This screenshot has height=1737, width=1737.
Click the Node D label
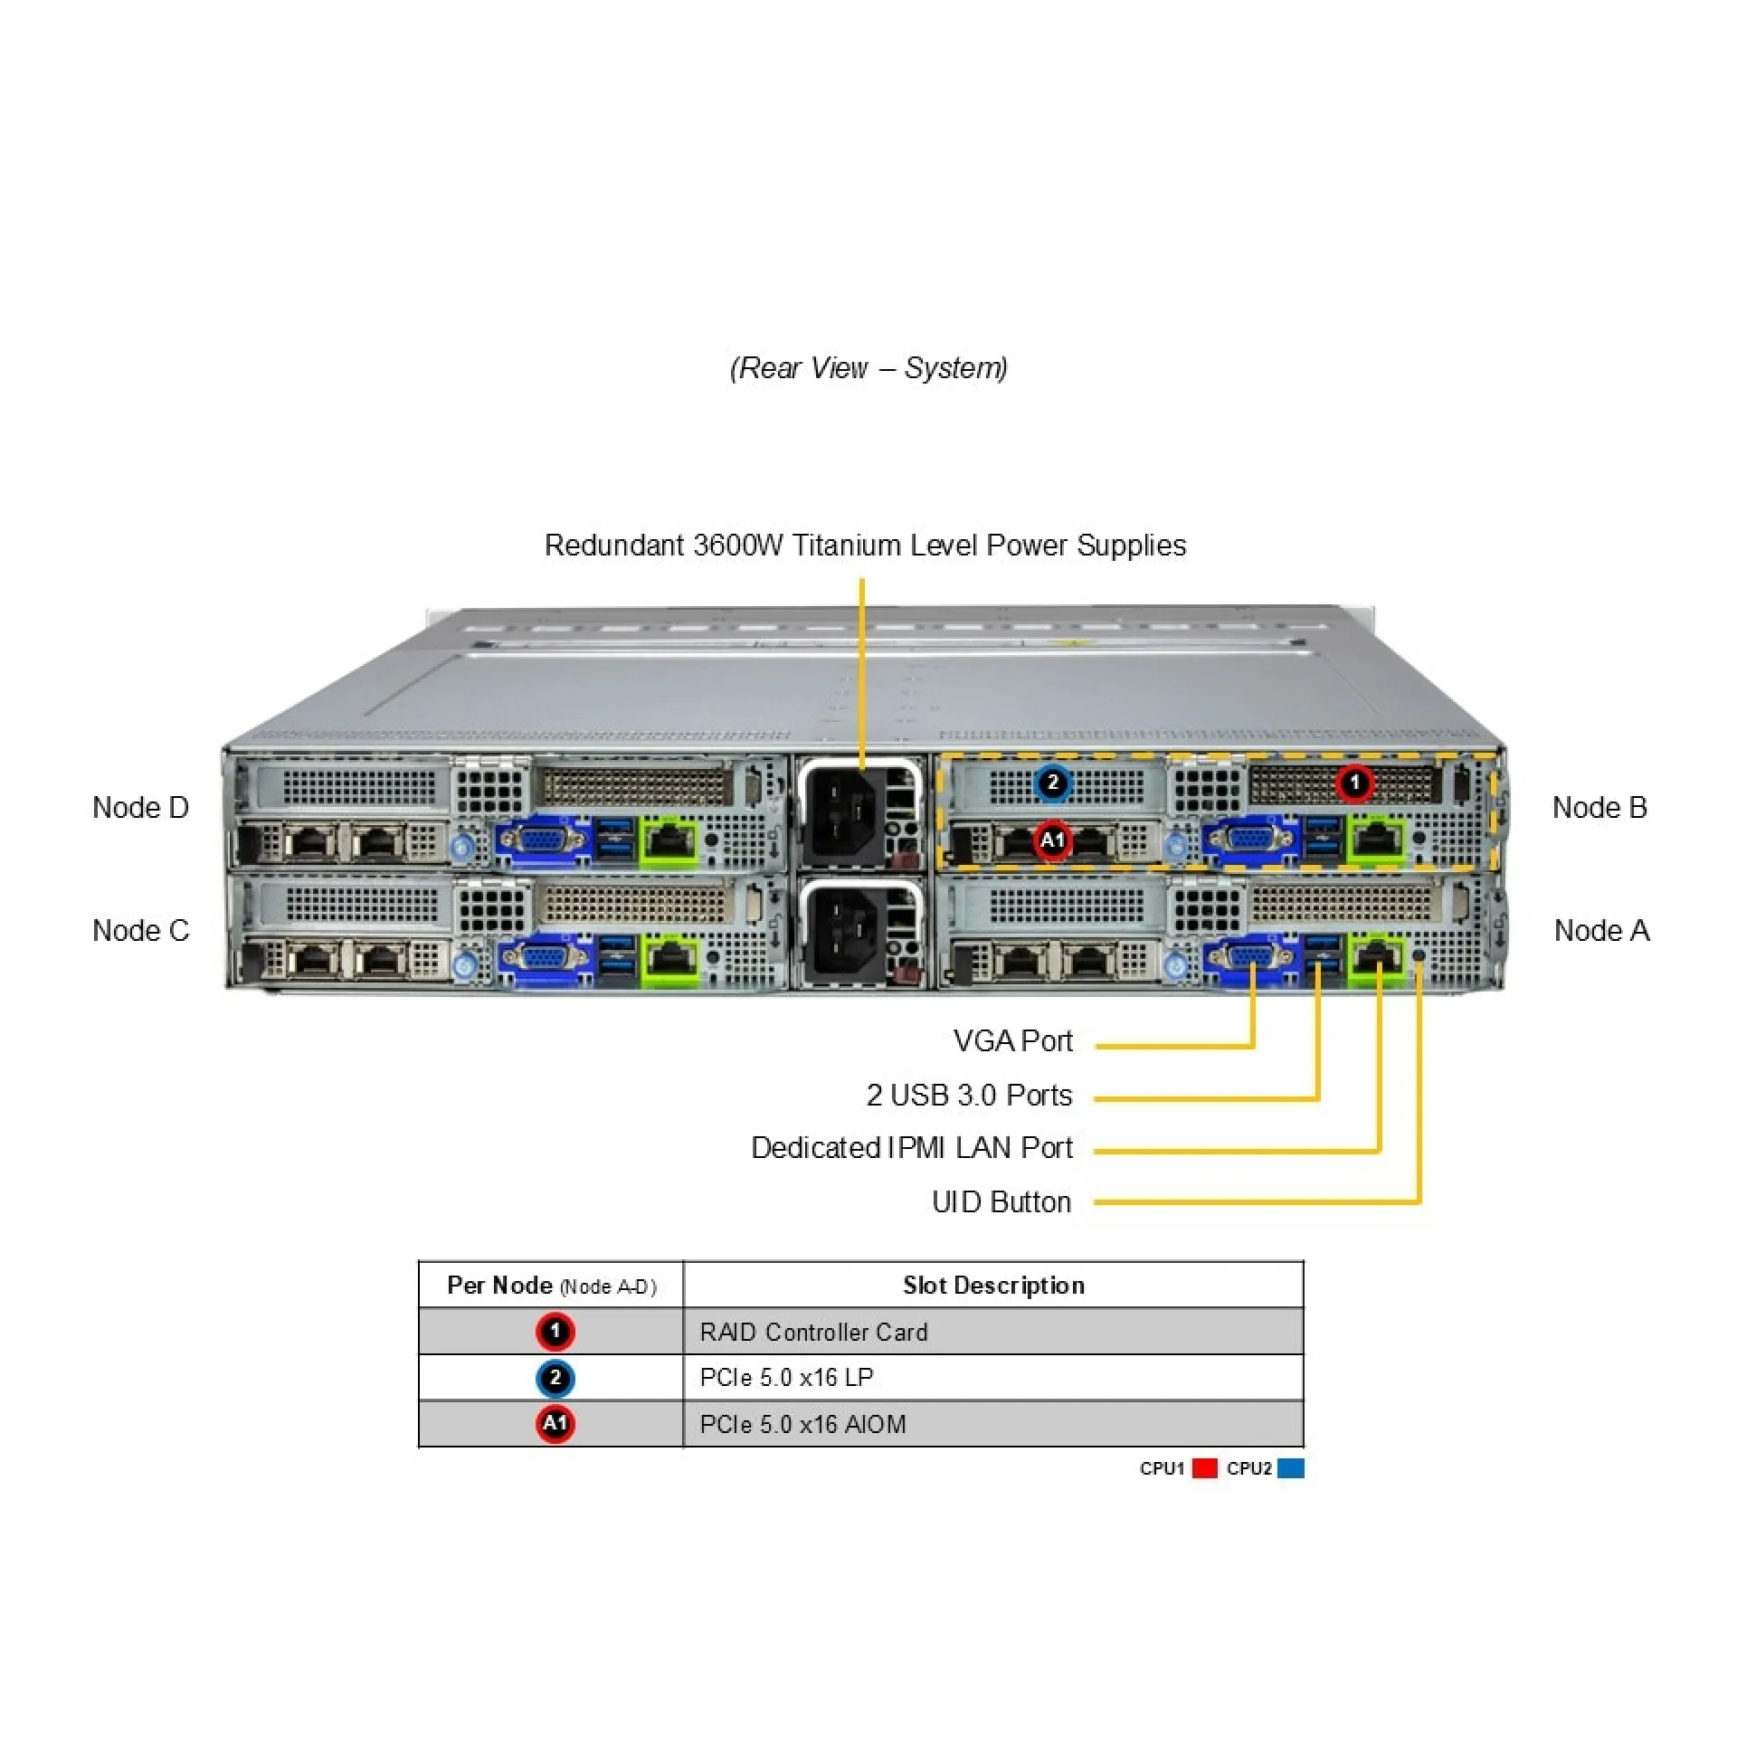[140, 807]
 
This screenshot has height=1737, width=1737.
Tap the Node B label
[1599, 807]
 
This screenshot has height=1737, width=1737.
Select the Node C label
[140, 930]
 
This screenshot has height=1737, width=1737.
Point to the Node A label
[1600, 930]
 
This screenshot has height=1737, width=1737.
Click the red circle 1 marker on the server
[1354, 783]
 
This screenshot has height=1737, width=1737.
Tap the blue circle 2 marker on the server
[1052, 782]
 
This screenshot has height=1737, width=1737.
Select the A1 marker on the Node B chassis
[1052, 840]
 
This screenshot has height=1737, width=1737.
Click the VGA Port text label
[1012, 1040]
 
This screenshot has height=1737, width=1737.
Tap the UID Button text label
[1001, 1201]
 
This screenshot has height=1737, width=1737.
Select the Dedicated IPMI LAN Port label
[911, 1147]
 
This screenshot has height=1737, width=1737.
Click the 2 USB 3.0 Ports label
[968, 1095]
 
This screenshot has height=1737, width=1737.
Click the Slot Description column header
[992, 1285]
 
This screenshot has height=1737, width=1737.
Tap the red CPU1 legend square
[1204, 1468]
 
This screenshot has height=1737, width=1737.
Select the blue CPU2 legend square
[1291, 1468]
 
